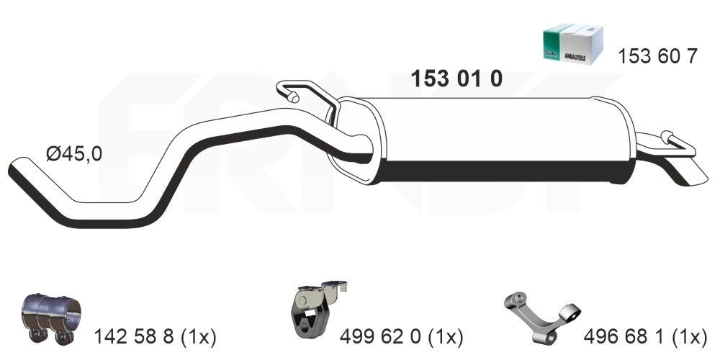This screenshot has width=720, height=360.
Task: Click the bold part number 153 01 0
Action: click(456, 79)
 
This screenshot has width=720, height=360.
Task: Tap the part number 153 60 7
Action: click(657, 57)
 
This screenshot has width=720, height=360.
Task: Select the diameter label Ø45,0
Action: click(73, 155)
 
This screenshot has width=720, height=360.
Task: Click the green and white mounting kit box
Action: click(572, 44)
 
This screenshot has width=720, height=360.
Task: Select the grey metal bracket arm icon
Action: click(540, 314)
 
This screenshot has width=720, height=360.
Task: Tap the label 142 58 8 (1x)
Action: click(155, 336)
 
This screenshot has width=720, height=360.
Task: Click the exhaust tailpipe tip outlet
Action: click(685, 174)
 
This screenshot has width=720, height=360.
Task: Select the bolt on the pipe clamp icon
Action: click(36, 335)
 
